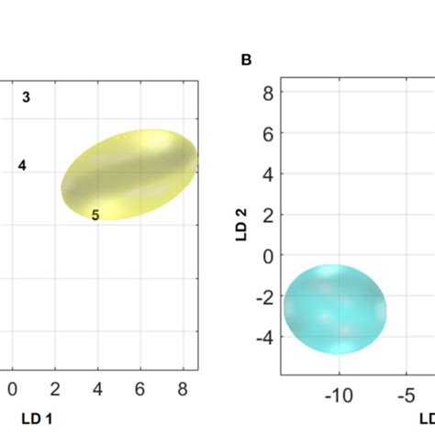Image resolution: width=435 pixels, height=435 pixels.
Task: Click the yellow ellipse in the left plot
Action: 129,174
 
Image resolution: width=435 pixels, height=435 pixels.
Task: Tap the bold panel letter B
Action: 246,61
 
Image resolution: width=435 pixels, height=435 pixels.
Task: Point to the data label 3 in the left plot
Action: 27,97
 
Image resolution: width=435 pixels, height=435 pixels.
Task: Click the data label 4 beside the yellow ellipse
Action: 22,165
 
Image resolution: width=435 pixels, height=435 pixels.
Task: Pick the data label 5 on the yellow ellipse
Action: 95,215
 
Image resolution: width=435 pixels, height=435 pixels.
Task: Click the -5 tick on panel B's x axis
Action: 407,396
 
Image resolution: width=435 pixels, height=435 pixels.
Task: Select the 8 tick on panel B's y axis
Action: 267,92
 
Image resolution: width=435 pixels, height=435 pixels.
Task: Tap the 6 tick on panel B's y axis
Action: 267,133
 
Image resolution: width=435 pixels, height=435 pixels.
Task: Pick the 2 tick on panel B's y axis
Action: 267,215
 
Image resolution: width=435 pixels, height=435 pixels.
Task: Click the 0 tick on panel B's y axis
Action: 267,256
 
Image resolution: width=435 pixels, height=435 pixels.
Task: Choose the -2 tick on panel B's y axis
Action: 264,296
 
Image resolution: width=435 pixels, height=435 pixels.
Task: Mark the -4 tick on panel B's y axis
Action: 264,338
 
